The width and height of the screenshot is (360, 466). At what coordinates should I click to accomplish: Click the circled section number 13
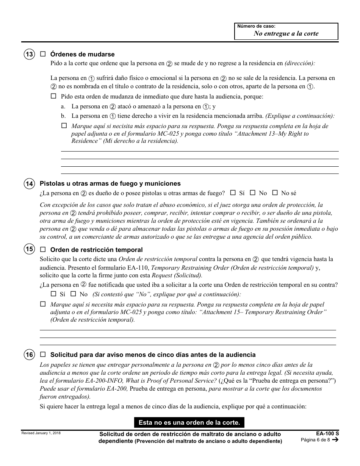pos(29,55)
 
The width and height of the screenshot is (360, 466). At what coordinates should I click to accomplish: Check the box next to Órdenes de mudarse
pos(43,54)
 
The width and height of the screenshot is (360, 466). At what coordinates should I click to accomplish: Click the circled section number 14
pos(29,184)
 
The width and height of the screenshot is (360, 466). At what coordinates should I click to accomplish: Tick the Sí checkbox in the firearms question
pos(233,192)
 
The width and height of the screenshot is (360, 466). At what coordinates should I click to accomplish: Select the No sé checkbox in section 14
pos(275,192)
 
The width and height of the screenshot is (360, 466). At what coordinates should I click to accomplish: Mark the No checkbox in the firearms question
pos(253,192)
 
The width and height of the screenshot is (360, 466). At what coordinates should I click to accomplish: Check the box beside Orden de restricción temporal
pos(43,249)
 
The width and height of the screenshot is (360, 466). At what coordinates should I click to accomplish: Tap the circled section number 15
pos(29,249)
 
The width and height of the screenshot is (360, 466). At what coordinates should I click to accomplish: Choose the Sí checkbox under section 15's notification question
pos(53,294)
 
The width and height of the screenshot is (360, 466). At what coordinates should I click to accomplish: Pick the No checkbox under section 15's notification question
pos(73,294)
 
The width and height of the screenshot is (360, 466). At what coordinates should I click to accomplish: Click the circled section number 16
pos(29,355)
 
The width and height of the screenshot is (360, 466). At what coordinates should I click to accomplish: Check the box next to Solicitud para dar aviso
pos(43,355)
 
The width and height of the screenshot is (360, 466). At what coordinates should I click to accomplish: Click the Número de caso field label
pos(256,27)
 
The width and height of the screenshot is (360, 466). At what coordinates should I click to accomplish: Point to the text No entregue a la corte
pos(286,33)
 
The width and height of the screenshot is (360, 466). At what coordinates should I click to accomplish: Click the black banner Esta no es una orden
pos(189,422)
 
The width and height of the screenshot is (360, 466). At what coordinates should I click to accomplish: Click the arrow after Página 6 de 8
pos(335,440)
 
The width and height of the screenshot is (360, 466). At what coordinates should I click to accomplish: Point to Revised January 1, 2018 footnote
pos(41,433)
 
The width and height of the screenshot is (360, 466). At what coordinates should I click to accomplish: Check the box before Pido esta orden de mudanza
pos(53,96)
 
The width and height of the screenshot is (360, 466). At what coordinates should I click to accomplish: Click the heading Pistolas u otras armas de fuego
pos(110,184)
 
